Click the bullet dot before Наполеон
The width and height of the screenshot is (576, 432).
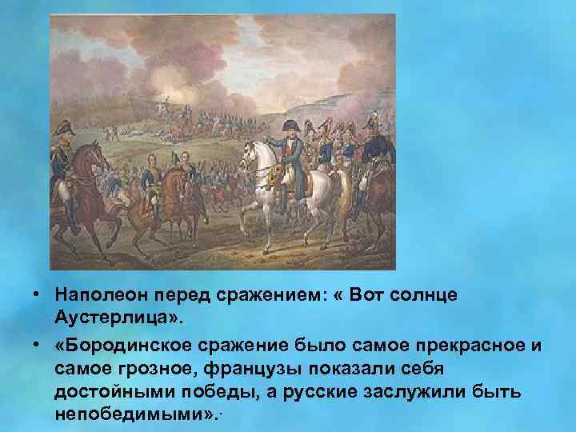[38, 295]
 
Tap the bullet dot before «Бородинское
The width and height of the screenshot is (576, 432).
[38, 343]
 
